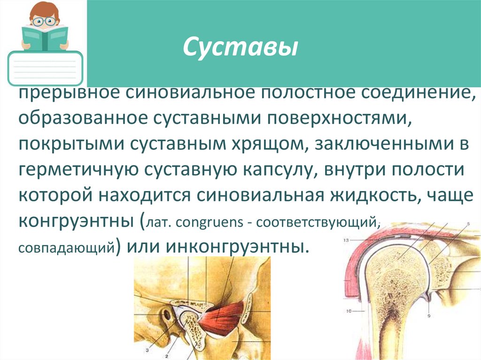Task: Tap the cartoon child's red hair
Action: click(x=44, y=9)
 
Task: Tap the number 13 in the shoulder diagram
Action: click(x=346, y=240)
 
